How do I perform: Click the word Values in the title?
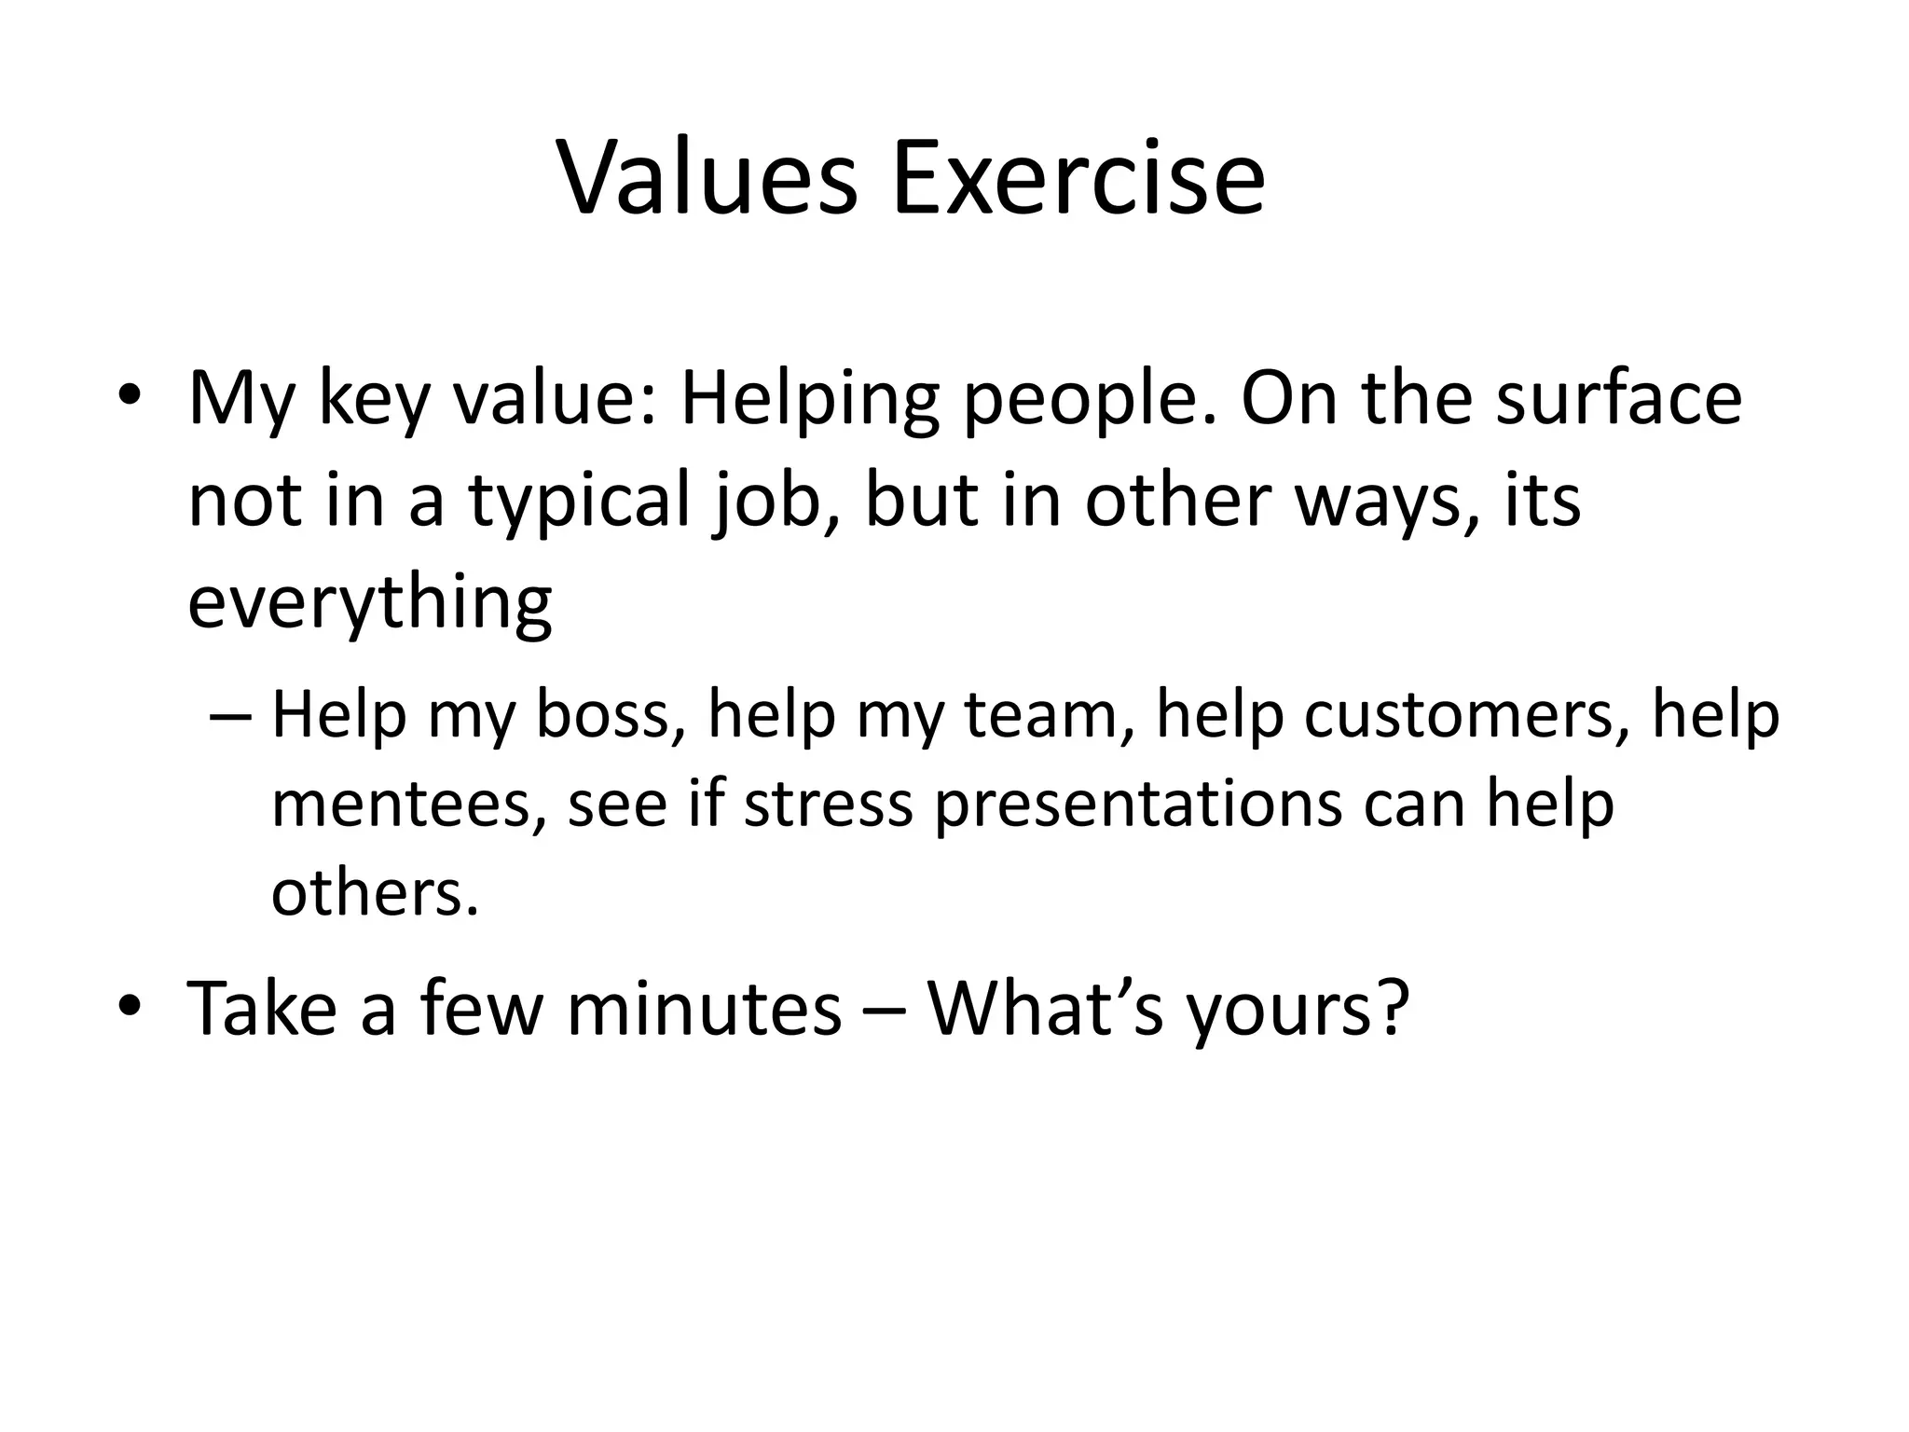tap(707, 177)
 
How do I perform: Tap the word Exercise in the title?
tap(1078, 177)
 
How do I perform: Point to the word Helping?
tap(809, 399)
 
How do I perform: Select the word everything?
tap(370, 602)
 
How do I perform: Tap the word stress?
tap(828, 804)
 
